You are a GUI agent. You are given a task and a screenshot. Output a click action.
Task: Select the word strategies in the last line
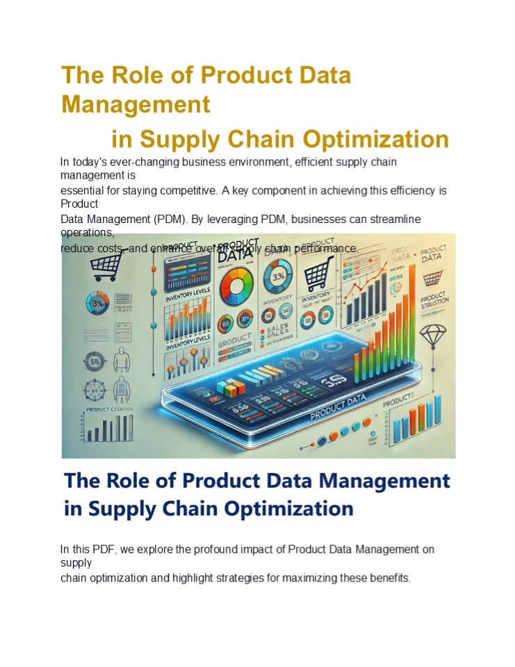tap(256, 578)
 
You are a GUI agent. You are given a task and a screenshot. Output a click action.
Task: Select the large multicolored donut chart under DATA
tap(236, 283)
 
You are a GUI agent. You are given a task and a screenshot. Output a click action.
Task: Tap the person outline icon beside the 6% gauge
tap(122, 361)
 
